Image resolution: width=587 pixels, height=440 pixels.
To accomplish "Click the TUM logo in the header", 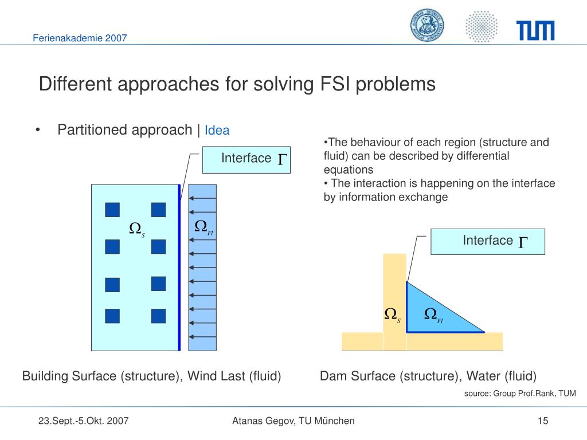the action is coord(535,30).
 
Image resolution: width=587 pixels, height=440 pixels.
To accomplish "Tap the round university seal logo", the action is coord(427,26).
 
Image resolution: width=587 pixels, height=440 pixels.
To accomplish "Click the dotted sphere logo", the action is coord(481,26).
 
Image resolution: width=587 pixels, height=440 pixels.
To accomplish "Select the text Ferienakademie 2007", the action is coord(79,38).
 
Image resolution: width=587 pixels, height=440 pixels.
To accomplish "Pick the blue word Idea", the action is coord(217,131).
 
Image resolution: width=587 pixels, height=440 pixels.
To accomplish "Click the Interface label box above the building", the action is coord(246,159).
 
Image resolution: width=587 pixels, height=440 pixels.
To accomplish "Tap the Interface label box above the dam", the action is coord(487,241).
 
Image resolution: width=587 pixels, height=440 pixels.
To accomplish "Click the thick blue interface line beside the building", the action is coord(179,267).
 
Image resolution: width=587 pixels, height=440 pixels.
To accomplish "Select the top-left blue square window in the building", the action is coord(112,210).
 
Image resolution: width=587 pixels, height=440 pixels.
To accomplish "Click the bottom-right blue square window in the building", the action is coord(158,316).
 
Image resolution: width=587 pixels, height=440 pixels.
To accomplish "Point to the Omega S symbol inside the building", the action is coord(136,229).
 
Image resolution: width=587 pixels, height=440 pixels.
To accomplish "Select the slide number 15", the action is coord(543,421).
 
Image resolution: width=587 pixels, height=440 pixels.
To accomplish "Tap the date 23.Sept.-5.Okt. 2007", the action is coord(84,421).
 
